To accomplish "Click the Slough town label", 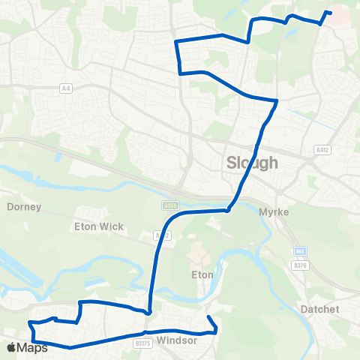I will click(252, 163).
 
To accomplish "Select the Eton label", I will click(201, 275).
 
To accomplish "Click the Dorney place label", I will click(23, 206).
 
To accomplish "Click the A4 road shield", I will click(66, 88).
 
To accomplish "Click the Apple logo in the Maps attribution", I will click(11, 347).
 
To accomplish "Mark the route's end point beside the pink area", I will click(330, 12).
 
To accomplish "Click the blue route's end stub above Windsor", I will click(208, 318).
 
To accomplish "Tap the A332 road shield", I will click(159, 235).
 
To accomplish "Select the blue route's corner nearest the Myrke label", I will click(228, 211).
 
